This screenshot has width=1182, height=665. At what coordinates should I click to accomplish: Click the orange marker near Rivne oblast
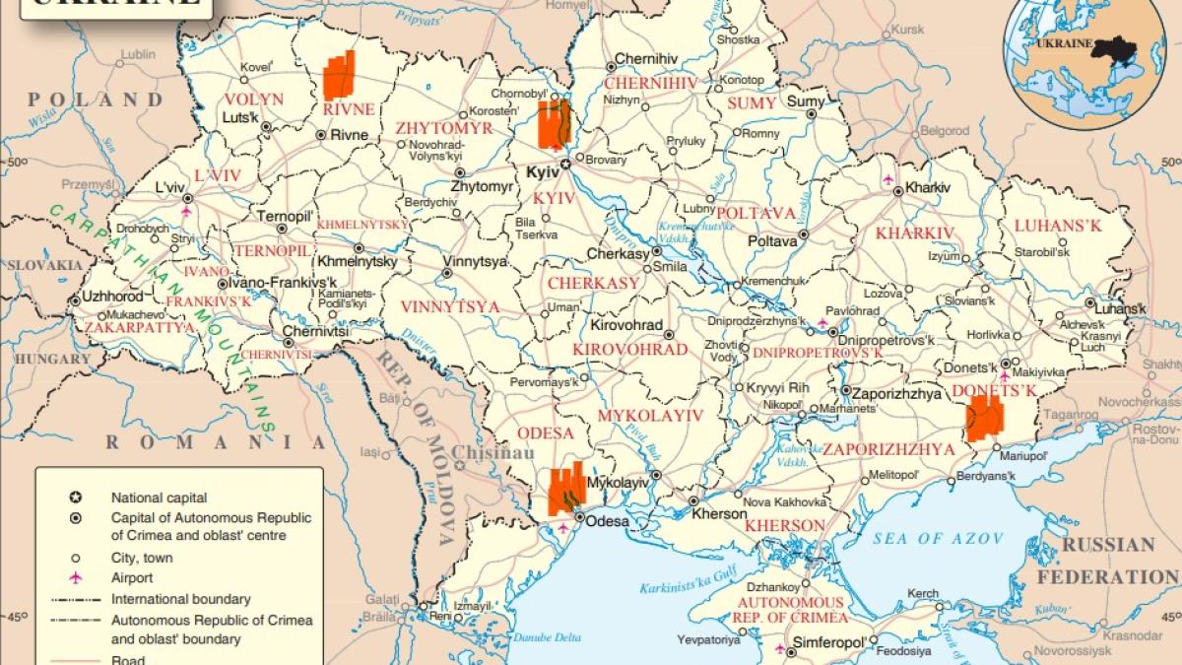coord(338,76)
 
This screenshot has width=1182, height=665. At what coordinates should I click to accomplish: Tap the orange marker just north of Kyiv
coord(553,123)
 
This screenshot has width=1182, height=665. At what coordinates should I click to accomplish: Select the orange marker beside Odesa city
coord(565,490)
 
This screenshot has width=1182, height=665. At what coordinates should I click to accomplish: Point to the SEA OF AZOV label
coord(938,538)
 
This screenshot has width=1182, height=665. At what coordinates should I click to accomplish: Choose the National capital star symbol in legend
coord(75,498)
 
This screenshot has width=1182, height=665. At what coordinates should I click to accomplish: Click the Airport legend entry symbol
coord(75,577)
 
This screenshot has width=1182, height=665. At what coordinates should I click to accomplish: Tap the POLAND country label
coord(96,100)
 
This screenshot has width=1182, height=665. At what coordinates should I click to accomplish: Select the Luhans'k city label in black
coord(1120,308)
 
